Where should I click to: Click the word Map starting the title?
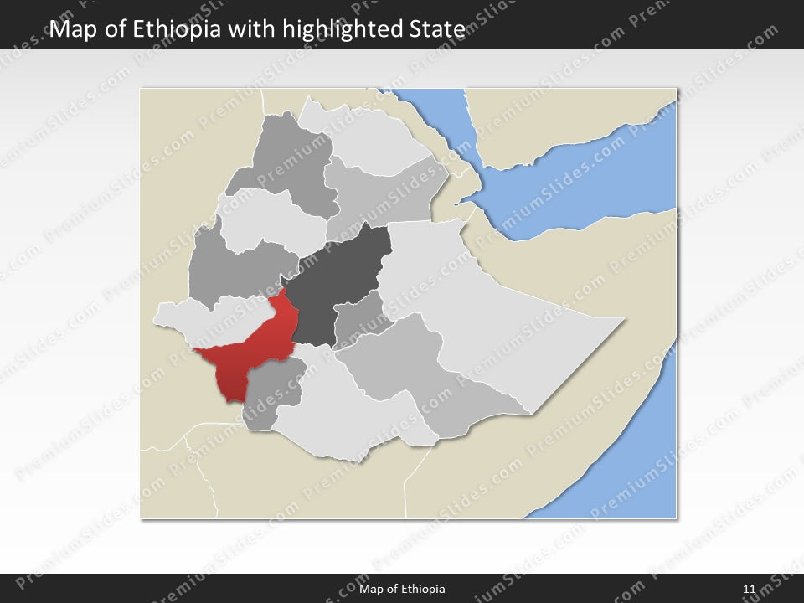pyautogui.click(x=70, y=29)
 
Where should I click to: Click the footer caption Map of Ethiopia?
pyautogui.click(x=402, y=589)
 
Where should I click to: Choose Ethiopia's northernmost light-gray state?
pyautogui.click(x=368, y=138)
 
